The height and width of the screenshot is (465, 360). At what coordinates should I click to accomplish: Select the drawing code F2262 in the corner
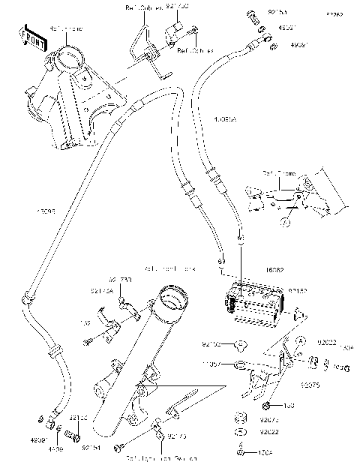tap(333, 14)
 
